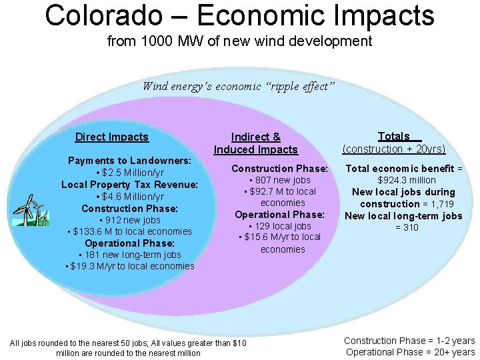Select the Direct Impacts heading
[111, 137]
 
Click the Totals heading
[393, 136]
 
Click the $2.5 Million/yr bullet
[130, 173]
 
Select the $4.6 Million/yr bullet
[130, 197]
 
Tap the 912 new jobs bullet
[130, 220]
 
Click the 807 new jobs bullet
[280, 180]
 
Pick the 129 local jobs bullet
[280, 226]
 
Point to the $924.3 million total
[407, 180]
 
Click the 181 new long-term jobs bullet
[130, 255]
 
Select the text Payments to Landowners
[130, 161]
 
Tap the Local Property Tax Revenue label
[130, 185]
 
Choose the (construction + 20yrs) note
[393, 149]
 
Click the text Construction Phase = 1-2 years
[409, 341]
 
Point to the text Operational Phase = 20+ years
[409, 352]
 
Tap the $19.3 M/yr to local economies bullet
[130, 266]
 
